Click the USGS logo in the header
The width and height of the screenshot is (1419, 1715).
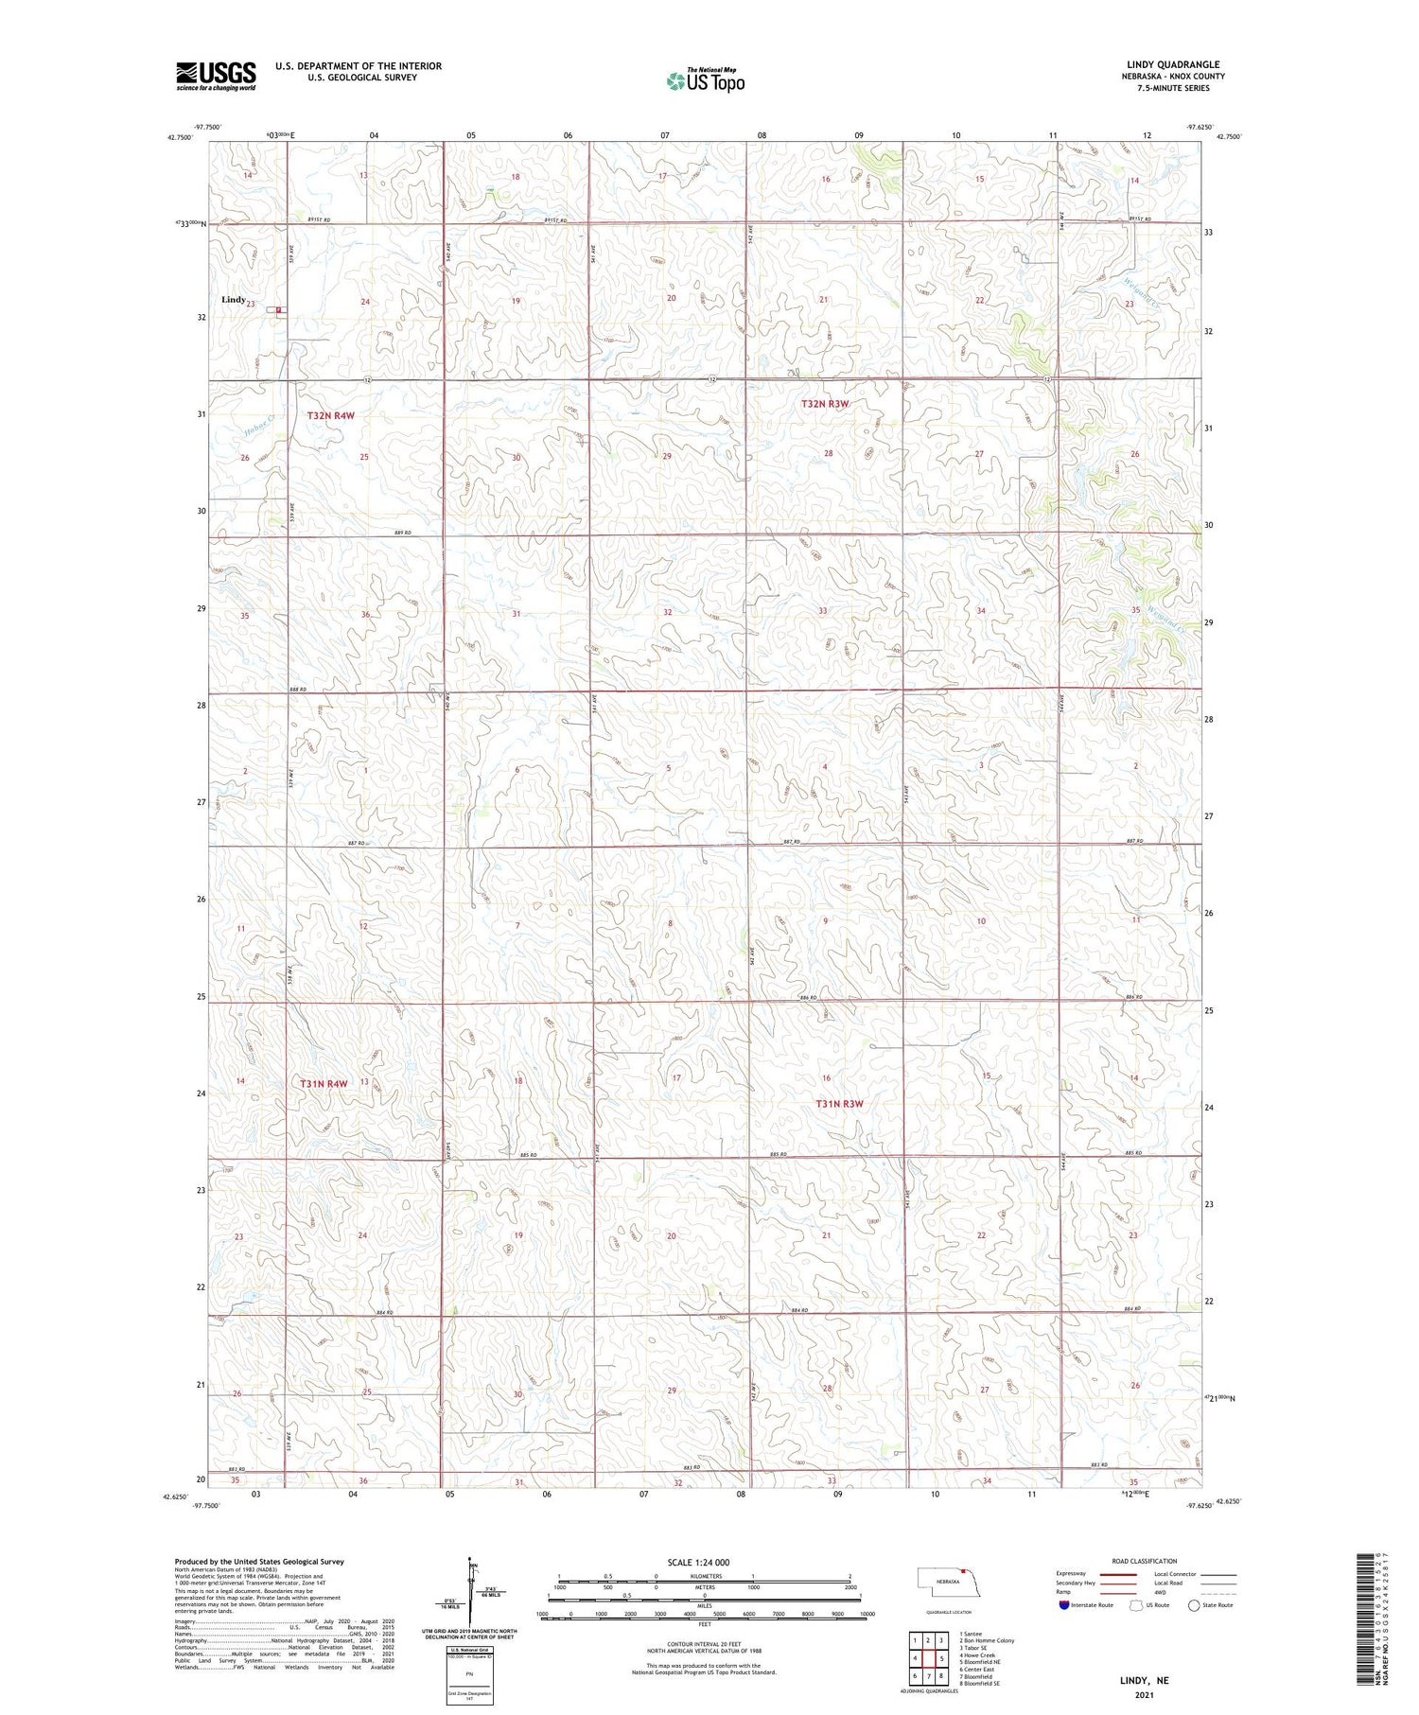pyautogui.click(x=216, y=76)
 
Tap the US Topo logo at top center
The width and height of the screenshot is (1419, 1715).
pyautogui.click(x=705, y=80)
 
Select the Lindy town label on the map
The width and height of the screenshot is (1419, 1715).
pyautogui.click(x=234, y=300)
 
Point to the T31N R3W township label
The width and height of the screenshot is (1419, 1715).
pyautogui.click(x=840, y=1104)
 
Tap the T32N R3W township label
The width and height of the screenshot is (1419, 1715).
pyautogui.click(x=825, y=404)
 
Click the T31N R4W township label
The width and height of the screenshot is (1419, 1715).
pyautogui.click(x=324, y=1083)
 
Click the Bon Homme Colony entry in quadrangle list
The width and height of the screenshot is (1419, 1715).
pyautogui.click(x=986, y=1641)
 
